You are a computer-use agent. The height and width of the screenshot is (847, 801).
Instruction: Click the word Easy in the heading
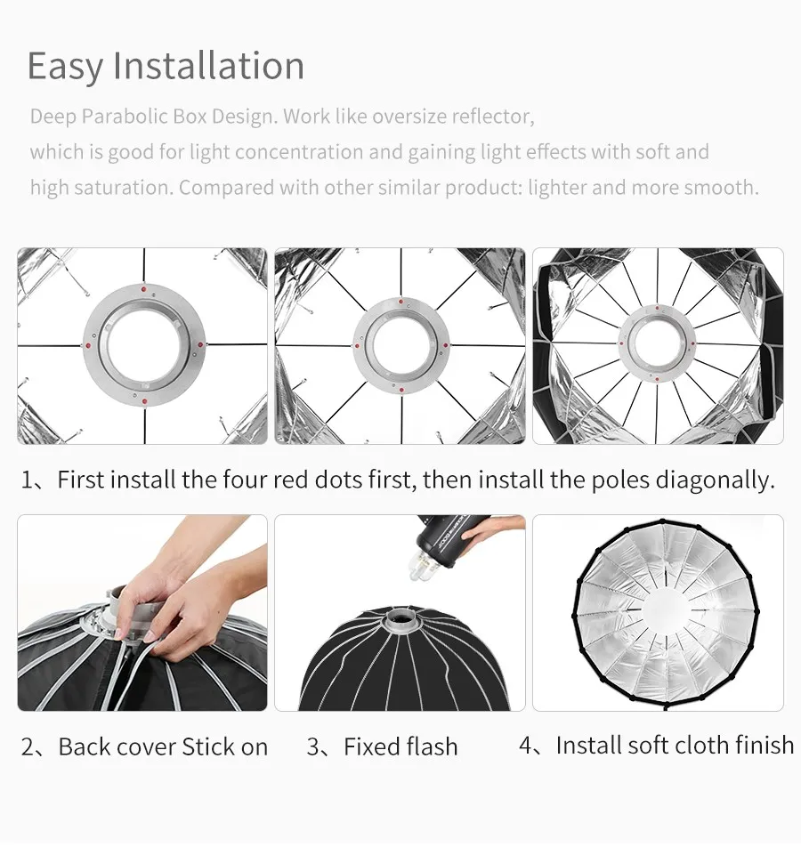(65, 67)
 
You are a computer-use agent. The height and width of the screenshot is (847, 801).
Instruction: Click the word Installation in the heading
(208, 65)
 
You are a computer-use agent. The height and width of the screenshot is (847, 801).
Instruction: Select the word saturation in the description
(124, 188)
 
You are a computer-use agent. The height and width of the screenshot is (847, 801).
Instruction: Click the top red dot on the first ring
(143, 289)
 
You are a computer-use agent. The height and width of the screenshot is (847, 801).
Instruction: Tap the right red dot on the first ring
(200, 344)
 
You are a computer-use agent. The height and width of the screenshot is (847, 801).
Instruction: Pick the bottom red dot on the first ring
(144, 400)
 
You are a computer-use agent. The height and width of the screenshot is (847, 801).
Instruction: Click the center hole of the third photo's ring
(657, 343)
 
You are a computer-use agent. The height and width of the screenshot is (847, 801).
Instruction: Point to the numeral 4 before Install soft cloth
(526, 746)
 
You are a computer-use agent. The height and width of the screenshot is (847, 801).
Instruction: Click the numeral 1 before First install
(27, 480)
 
